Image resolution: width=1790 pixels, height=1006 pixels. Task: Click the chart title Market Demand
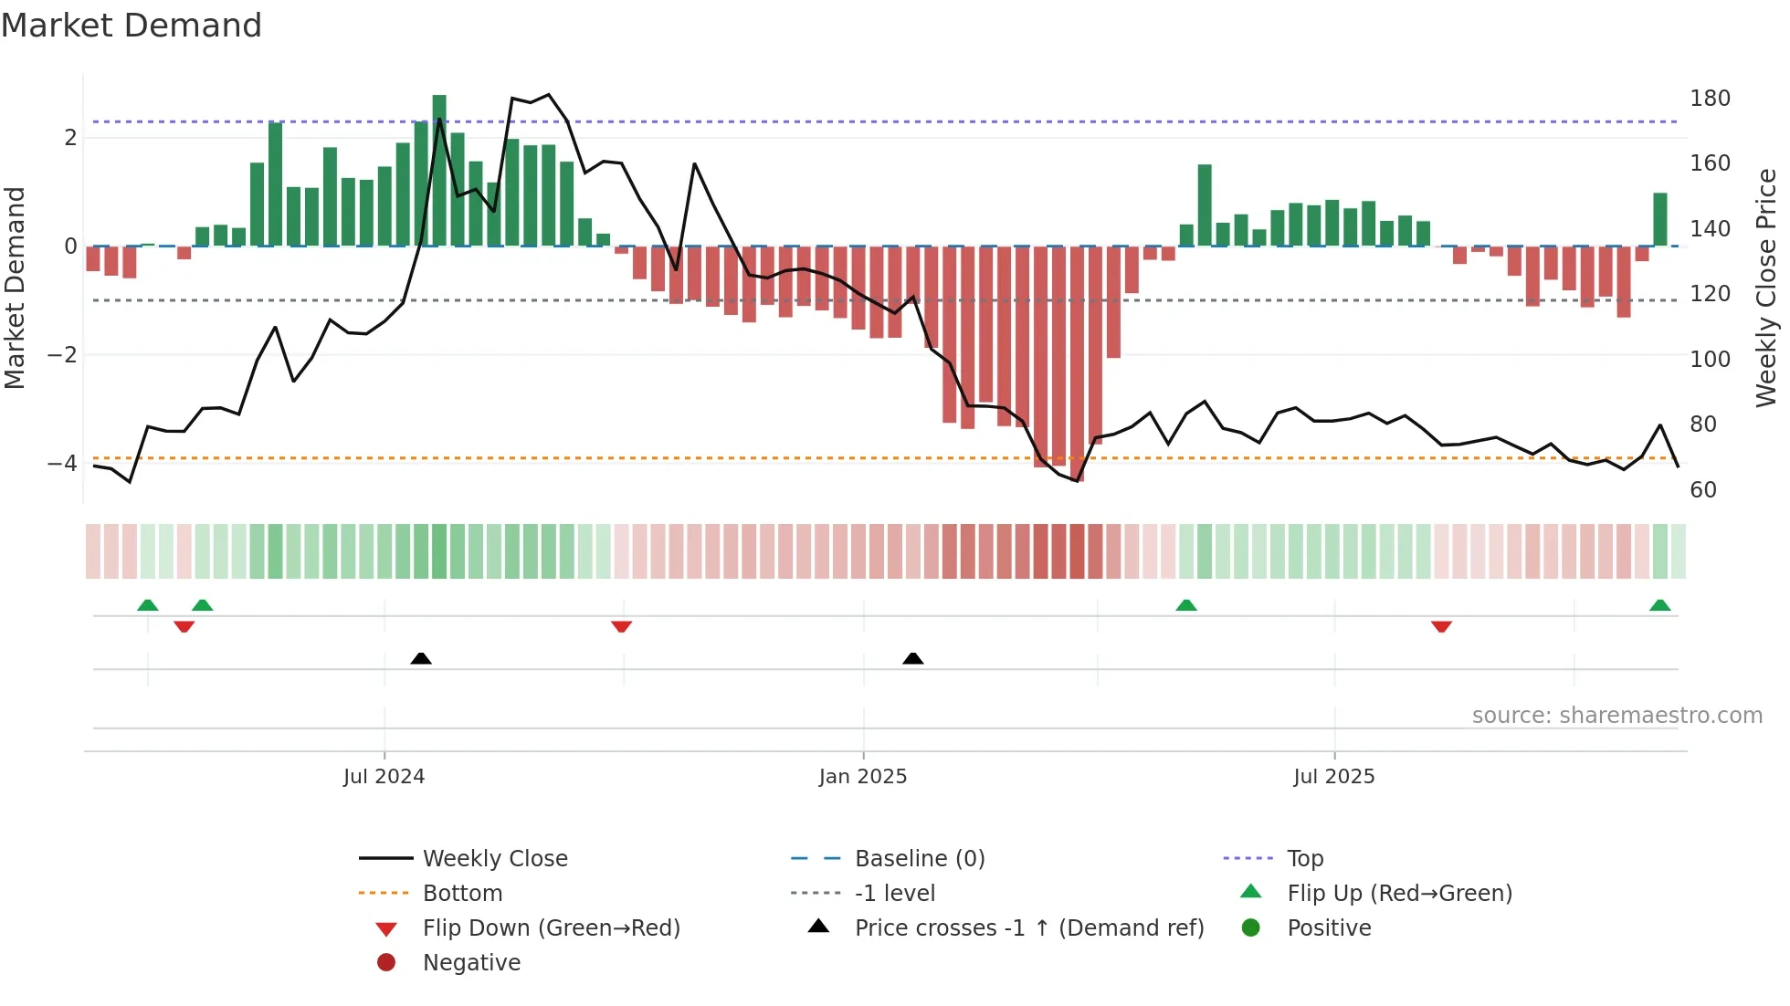[132, 26]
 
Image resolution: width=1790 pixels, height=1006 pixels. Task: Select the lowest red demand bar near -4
[1078, 365]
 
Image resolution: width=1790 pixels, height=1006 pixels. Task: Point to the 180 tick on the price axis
[1710, 99]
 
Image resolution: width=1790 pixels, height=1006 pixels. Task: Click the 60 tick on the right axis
[1703, 490]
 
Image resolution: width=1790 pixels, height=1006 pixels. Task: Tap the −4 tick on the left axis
[62, 464]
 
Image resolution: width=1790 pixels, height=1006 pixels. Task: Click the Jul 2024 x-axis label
[384, 777]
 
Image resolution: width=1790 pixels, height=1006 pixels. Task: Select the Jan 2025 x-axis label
[863, 777]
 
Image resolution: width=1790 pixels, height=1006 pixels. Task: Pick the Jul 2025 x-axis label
[1333, 777]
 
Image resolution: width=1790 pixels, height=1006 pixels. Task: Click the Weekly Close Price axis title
[1766, 288]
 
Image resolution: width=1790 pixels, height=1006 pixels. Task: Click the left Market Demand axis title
[15, 288]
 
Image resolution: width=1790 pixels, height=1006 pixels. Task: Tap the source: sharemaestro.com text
[1616, 716]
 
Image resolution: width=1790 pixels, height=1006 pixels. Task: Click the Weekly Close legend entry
[494, 859]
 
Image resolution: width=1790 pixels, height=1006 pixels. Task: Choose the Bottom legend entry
[462, 894]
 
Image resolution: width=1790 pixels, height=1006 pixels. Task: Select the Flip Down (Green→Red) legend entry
[551, 928]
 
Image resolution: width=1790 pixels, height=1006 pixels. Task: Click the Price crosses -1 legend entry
[1028, 928]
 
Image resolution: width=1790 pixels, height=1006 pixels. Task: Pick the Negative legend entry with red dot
[471, 963]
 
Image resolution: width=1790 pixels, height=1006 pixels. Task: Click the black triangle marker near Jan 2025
[912, 658]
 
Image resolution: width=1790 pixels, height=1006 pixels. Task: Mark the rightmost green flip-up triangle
[1659, 605]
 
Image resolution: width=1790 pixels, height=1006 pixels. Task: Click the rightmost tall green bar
[1659, 220]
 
